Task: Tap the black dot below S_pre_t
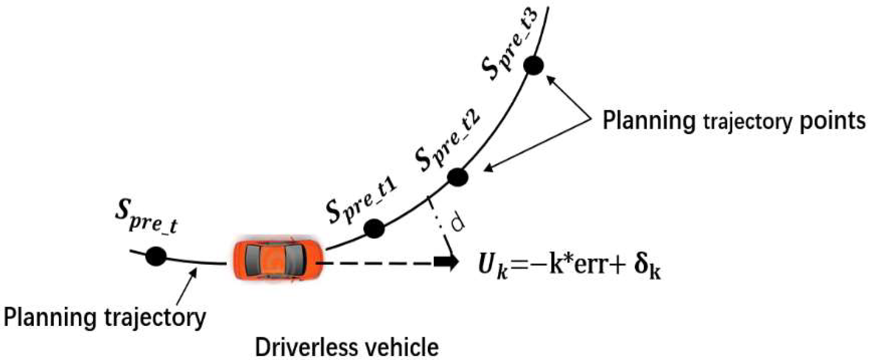click(156, 256)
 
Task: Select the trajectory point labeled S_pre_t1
click(374, 228)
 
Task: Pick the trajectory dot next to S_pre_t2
click(458, 177)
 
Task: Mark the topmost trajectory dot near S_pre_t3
click(533, 66)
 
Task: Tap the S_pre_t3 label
click(510, 43)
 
